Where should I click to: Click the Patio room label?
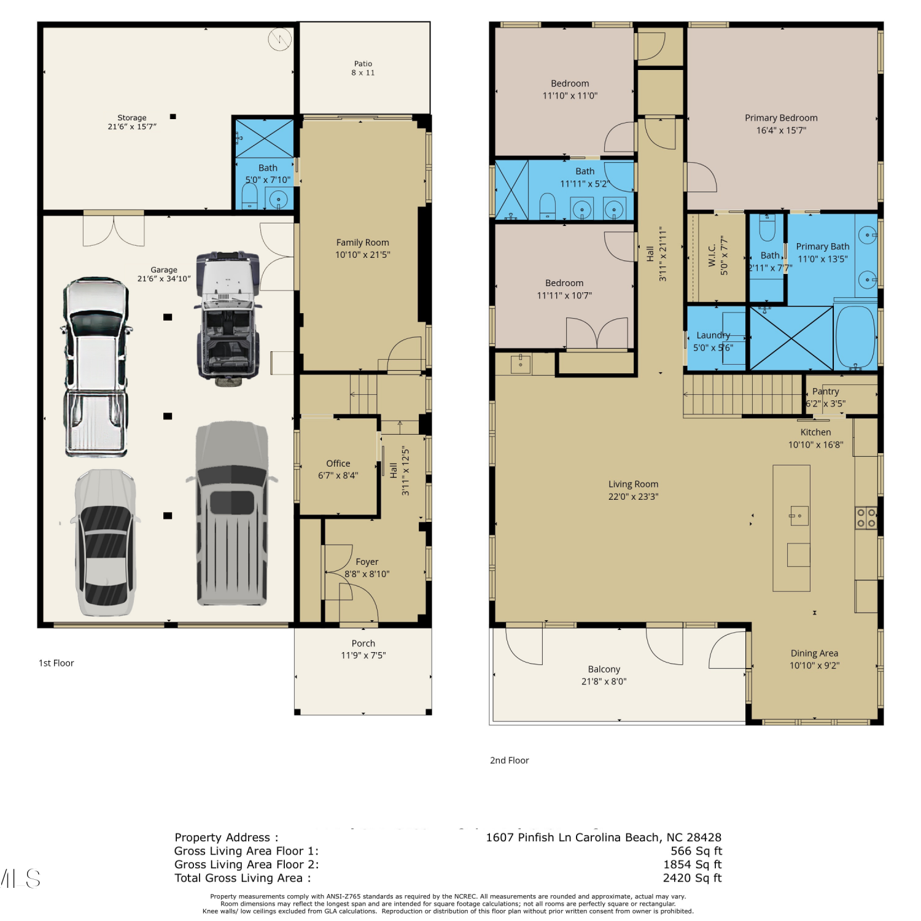coord(363,68)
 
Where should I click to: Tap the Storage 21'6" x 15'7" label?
coord(132,122)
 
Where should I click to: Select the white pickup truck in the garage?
coord(96,367)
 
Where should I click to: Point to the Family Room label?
coord(362,249)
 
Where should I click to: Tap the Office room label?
coord(338,470)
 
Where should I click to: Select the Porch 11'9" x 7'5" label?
coord(363,650)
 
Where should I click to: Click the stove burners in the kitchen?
coord(866,518)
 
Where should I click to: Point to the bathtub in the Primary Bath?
coord(855,336)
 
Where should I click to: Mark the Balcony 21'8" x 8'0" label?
coord(604,675)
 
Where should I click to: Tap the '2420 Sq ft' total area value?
coord(692,878)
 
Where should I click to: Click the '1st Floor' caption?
coord(56,663)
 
